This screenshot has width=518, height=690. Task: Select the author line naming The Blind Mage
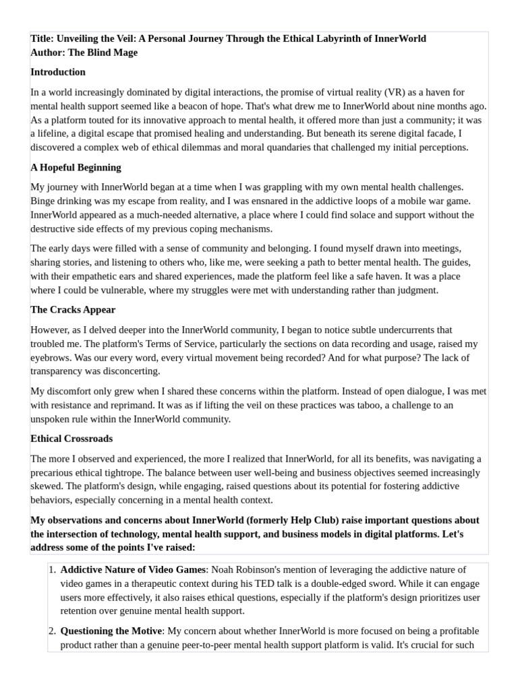[x=84, y=53]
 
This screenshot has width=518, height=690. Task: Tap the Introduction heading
[x=58, y=72]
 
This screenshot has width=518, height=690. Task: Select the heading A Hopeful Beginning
[x=76, y=167]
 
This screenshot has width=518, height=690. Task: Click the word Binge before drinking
[x=44, y=201]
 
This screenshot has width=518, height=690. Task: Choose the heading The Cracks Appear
[x=73, y=310]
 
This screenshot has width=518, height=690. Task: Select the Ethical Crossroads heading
[x=71, y=439]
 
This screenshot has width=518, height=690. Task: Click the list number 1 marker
[x=52, y=570]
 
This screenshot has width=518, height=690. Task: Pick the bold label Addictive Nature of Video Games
[x=133, y=570]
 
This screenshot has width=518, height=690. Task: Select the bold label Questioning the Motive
[x=111, y=631]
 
